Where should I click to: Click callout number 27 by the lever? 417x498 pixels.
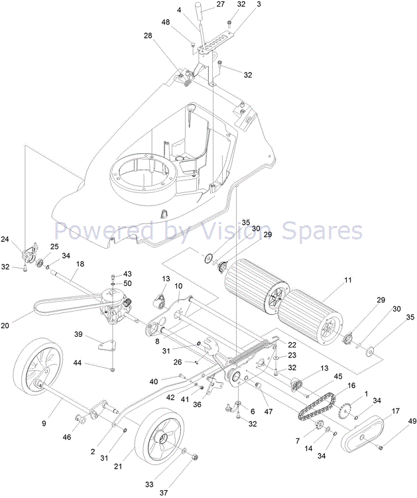(219, 5)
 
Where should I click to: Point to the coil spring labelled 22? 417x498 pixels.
(251, 355)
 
